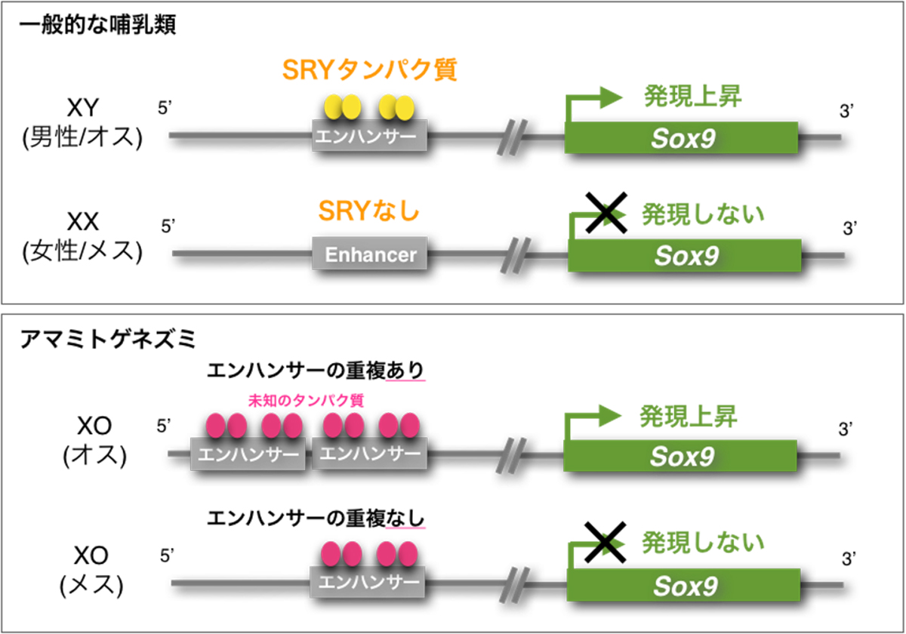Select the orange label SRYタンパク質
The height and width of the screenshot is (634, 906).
pyautogui.click(x=370, y=71)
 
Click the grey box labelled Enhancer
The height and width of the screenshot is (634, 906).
pyautogui.click(x=370, y=254)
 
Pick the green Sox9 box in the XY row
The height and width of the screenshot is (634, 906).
pyautogui.click(x=681, y=137)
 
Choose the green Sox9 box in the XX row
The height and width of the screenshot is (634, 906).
pyautogui.click(x=684, y=254)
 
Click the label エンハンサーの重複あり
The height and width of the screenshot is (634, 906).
pyautogui.click(x=316, y=371)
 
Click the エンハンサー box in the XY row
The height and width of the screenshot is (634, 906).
pyautogui.click(x=370, y=138)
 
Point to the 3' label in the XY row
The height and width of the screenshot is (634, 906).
pyautogui.click(x=847, y=113)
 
